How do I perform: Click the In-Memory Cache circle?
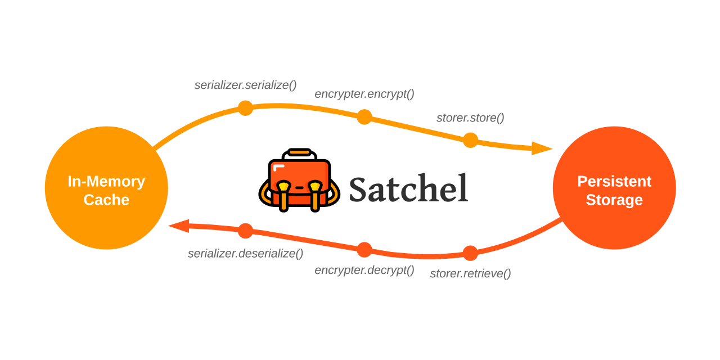point(106,188)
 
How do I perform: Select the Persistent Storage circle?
point(614,188)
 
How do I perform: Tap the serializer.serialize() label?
point(245,85)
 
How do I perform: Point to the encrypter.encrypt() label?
point(364,94)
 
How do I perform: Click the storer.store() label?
point(470,118)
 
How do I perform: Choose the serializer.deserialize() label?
point(245,254)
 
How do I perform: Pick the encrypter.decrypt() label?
point(364,270)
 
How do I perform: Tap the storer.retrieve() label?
point(470,274)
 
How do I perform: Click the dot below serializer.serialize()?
point(245,108)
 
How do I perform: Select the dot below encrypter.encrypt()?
point(364,117)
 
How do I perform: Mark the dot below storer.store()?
point(470,140)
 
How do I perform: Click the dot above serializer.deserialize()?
point(245,231)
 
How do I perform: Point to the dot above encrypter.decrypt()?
point(364,250)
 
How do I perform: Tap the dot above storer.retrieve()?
point(470,253)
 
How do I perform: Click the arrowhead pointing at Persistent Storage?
point(541,148)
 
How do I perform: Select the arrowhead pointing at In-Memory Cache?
point(179,226)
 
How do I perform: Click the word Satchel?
point(408,188)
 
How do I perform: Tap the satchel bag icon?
point(299,181)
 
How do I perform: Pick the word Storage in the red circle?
point(614,200)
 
